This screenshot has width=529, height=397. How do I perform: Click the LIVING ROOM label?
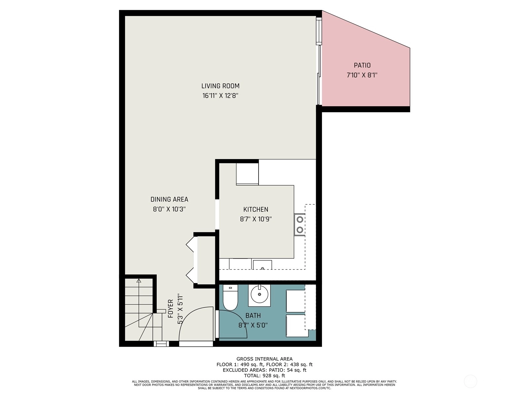(x=220, y=86)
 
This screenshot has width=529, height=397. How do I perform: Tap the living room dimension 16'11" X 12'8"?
(x=220, y=96)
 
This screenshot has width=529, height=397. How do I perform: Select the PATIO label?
(x=362, y=65)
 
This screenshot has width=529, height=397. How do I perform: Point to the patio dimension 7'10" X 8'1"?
(x=362, y=75)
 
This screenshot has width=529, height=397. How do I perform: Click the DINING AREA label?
(x=169, y=199)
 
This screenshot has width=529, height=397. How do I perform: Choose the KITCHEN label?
(x=256, y=209)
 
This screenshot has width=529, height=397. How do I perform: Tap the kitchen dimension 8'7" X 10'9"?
(x=256, y=219)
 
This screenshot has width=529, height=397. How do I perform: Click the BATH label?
(x=253, y=316)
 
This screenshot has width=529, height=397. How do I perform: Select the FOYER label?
(x=171, y=309)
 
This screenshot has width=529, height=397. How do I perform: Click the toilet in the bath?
(x=230, y=297)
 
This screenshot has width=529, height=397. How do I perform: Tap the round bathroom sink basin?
(x=259, y=294)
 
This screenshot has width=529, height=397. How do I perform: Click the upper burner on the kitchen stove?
(x=300, y=220)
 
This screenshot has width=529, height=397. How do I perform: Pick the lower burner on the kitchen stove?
(x=300, y=230)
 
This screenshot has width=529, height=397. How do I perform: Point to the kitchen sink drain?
(x=263, y=268)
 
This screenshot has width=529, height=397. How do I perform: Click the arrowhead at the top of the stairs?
(x=139, y=281)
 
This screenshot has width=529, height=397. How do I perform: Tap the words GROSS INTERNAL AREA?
(x=264, y=359)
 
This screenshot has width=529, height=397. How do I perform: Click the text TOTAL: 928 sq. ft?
(x=264, y=375)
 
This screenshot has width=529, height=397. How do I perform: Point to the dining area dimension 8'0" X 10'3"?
(x=169, y=209)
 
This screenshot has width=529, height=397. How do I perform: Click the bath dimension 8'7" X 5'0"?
(x=253, y=326)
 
